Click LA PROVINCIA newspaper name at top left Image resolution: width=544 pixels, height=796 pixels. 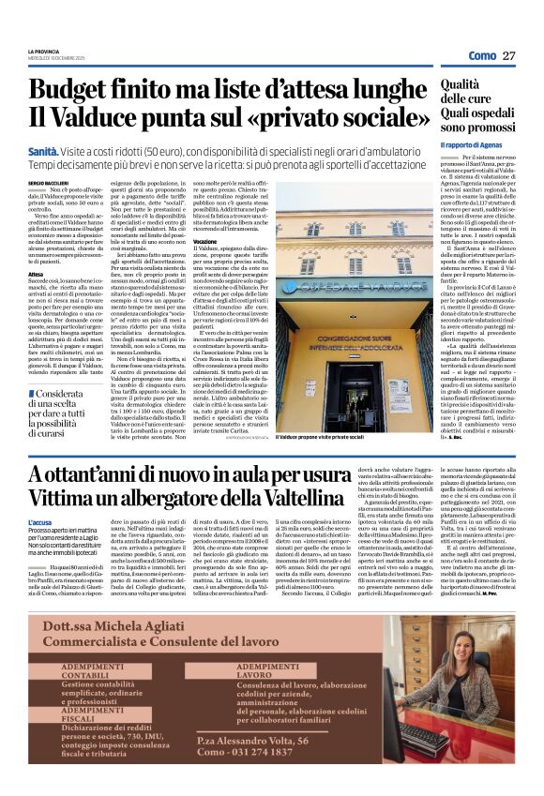pos(43,50)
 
